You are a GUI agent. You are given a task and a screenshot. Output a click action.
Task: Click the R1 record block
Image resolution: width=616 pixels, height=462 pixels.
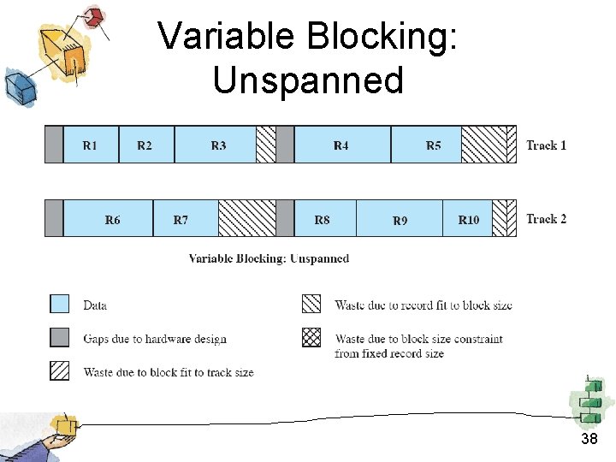click(91, 145)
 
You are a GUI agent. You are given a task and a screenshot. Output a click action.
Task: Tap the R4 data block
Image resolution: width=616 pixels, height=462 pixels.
click(341, 145)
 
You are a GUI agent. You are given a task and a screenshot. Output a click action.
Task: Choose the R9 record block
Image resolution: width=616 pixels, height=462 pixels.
click(400, 219)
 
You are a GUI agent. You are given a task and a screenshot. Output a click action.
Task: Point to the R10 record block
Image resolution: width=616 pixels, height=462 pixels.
click(468, 219)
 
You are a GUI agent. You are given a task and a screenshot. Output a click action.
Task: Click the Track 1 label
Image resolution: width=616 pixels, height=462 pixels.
click(547, 145)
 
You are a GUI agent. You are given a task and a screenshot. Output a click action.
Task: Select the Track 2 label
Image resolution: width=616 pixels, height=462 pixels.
click(547, 219)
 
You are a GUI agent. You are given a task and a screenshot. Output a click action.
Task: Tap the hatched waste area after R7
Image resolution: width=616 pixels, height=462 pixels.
click(246, 219)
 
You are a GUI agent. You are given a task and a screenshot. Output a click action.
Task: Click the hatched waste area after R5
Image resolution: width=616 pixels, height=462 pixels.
click(483, 145)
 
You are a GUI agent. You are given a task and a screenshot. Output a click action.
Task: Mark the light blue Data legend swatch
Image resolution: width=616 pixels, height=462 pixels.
click(60, 305)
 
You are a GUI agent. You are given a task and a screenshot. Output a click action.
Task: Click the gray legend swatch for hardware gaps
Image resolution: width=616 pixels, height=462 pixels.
click(60, 338)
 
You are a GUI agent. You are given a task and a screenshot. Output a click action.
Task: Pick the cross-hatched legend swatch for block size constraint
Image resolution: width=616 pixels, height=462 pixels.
click(311, 338)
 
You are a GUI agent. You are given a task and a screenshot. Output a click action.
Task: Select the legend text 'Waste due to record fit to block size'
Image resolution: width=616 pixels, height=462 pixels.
click(423, 305)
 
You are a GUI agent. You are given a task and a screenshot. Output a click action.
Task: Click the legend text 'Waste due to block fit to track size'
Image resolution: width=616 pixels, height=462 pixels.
click(169, 372)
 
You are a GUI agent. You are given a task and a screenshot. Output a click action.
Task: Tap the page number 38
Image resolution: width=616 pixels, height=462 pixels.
click(589, 439)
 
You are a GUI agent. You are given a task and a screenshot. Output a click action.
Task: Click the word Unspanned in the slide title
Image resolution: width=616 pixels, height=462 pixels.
click(308, 80)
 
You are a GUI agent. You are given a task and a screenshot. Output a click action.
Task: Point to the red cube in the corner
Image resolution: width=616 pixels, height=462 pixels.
click(94, 16)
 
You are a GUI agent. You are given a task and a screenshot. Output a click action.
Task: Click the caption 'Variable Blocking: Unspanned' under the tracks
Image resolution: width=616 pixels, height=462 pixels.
click(269, 258)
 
